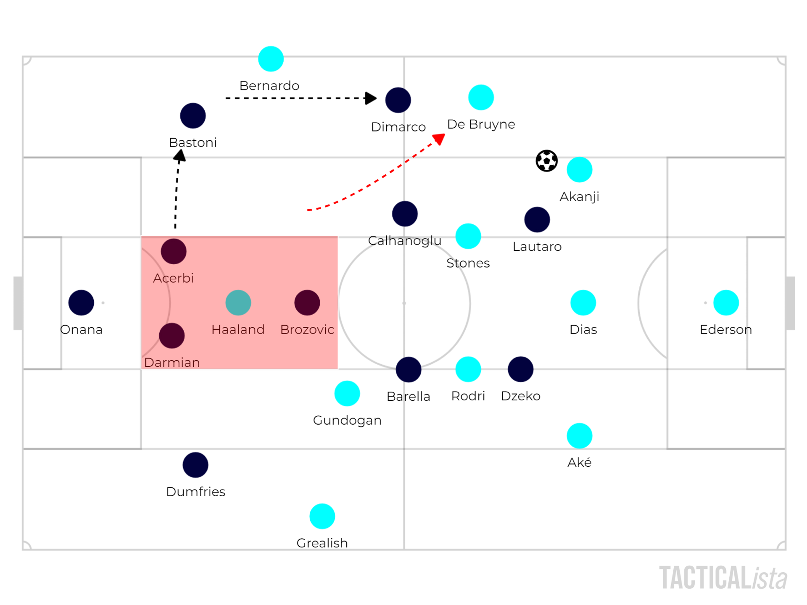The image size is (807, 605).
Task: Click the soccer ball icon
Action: (546, 160)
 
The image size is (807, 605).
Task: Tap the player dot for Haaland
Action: (238, 302)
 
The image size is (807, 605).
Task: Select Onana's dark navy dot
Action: (81, 302)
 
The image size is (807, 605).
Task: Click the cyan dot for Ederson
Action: (726, 302)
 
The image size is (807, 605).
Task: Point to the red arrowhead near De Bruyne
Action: (439, 139)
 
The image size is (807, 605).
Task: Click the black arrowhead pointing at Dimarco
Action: (370, 98)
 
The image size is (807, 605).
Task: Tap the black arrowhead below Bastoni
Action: (180, 156)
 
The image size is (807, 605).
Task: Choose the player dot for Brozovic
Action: (307, 302)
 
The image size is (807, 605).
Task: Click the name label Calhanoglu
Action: (404, 240)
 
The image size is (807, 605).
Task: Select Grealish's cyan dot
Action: (322, 516)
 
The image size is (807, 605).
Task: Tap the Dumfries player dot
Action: (195, 465)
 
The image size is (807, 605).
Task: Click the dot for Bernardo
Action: (271, 59)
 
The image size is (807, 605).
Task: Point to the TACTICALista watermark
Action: (723, 578)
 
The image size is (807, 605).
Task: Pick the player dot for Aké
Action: (580, 436)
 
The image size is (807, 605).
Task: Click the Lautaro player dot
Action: (537, 219)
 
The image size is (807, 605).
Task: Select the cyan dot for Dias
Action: (583, 302)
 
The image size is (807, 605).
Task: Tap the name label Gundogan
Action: (347, 420)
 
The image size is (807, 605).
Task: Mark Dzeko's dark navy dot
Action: (521, 369)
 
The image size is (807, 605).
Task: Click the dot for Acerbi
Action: (174, 251)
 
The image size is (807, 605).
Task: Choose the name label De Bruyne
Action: (481, 124)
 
